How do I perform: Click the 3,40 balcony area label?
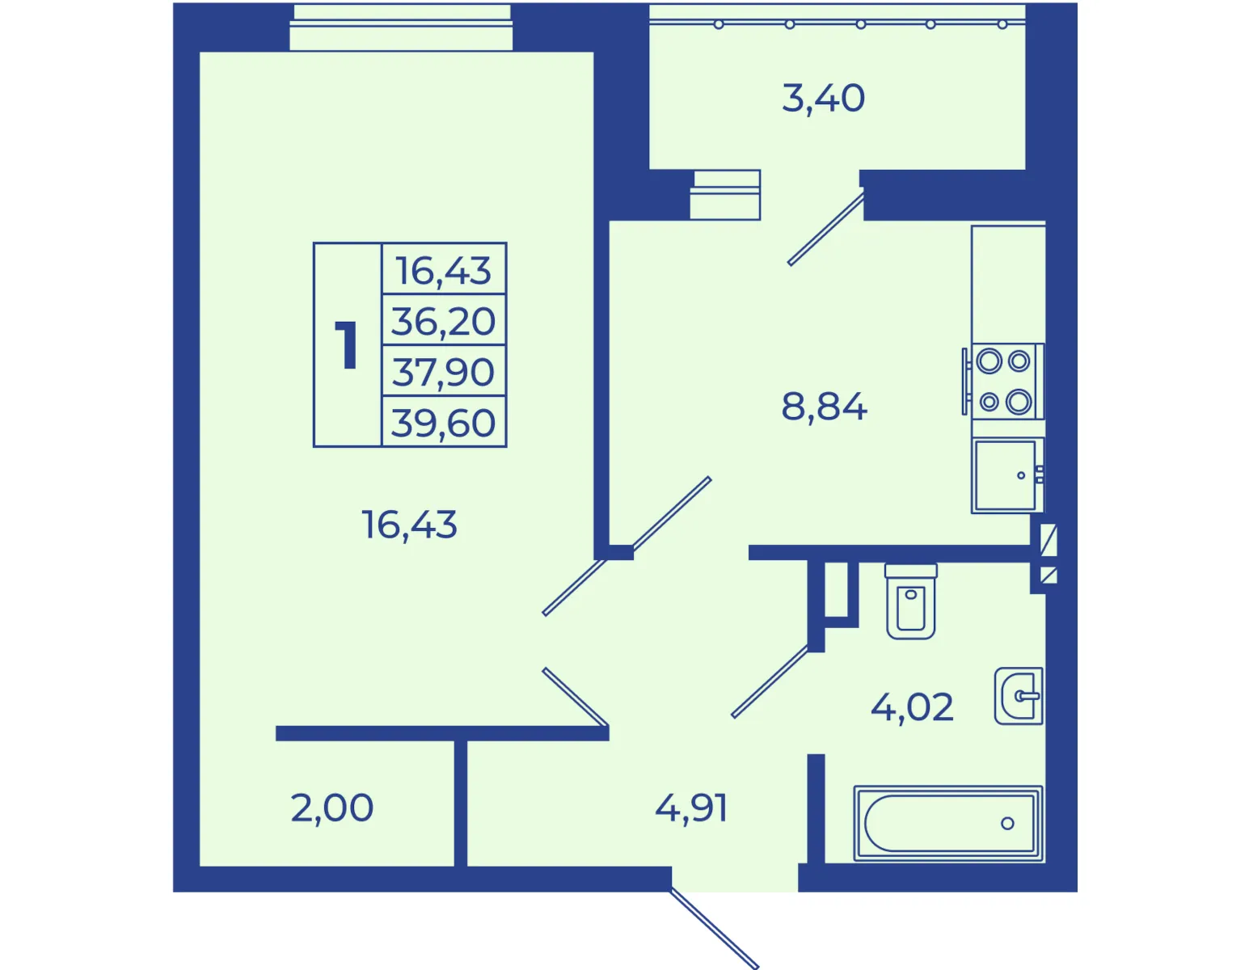[823, 99]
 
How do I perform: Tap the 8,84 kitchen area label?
[824, 407]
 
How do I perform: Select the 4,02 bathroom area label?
[912, 706]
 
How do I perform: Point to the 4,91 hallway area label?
[691, 808]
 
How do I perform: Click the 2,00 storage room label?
[331, 808]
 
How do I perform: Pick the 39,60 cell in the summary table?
[443, 423]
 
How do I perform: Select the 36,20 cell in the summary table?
[443, 321]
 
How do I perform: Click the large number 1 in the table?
[347, 345]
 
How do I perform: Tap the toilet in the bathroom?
[911, 601]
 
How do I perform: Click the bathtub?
[947, 823]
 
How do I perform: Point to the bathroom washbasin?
[1019, 696]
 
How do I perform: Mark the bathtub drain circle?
[1007, 824]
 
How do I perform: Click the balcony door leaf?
[825, 229]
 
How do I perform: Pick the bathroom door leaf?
[770, 681]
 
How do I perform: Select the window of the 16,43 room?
[401, 27]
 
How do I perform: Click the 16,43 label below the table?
[409, 525]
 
